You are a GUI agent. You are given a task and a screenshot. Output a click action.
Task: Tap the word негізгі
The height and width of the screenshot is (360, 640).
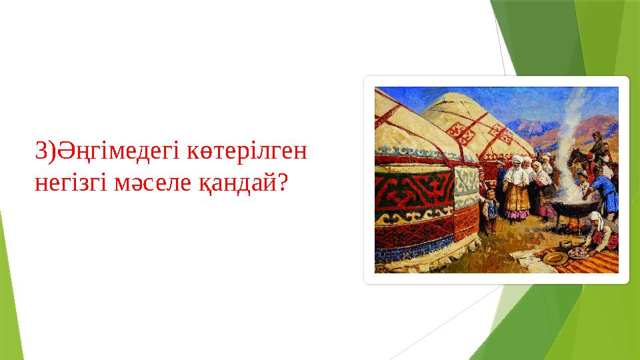(x=71, y=184)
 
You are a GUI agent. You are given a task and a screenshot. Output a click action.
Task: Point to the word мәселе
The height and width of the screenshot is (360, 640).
(x=152, y=184)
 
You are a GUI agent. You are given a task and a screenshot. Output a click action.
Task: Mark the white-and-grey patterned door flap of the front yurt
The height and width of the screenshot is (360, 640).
(x=466, y=187)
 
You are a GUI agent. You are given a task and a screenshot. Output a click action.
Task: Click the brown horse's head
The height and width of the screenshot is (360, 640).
(x=575, y=155)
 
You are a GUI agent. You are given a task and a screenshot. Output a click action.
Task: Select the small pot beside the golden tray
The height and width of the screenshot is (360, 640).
(x=565, y=245)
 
